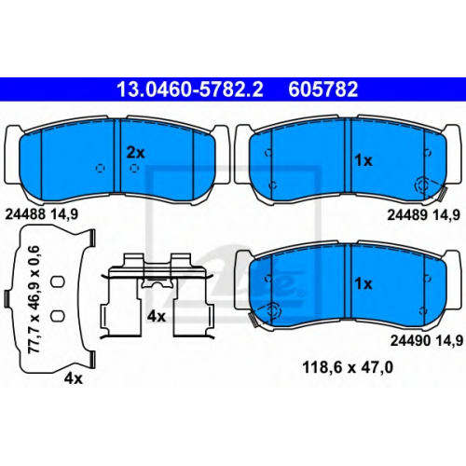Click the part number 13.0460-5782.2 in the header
[190, 89]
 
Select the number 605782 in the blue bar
[323, 89]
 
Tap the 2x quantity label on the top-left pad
[136, 153]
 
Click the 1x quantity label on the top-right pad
[363, 160]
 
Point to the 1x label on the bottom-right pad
[363, 283]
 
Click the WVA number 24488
[25, 214]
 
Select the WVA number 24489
[407, 214]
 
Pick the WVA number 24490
[410, 341]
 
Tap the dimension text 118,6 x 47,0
[348, 368]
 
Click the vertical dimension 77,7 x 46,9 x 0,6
[34, 299]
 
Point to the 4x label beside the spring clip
[157, 317]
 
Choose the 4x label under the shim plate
[74, 378]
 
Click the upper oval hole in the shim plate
[58, 281]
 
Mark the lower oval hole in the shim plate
[58, 316]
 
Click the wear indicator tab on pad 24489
[443, 193]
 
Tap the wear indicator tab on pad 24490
[253, 320]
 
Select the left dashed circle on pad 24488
[100, 168]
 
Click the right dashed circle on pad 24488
[134, 168]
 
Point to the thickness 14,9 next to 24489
[446, 215]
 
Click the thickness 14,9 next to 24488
[64, 214]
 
